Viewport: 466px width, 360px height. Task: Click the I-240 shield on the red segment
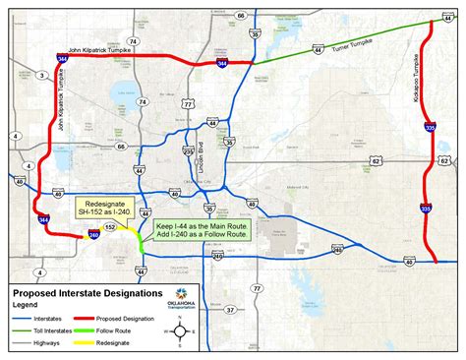tap(93, 234)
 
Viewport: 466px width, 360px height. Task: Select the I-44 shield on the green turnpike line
tap(318, 47)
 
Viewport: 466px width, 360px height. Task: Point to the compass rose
tap(181, 332)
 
